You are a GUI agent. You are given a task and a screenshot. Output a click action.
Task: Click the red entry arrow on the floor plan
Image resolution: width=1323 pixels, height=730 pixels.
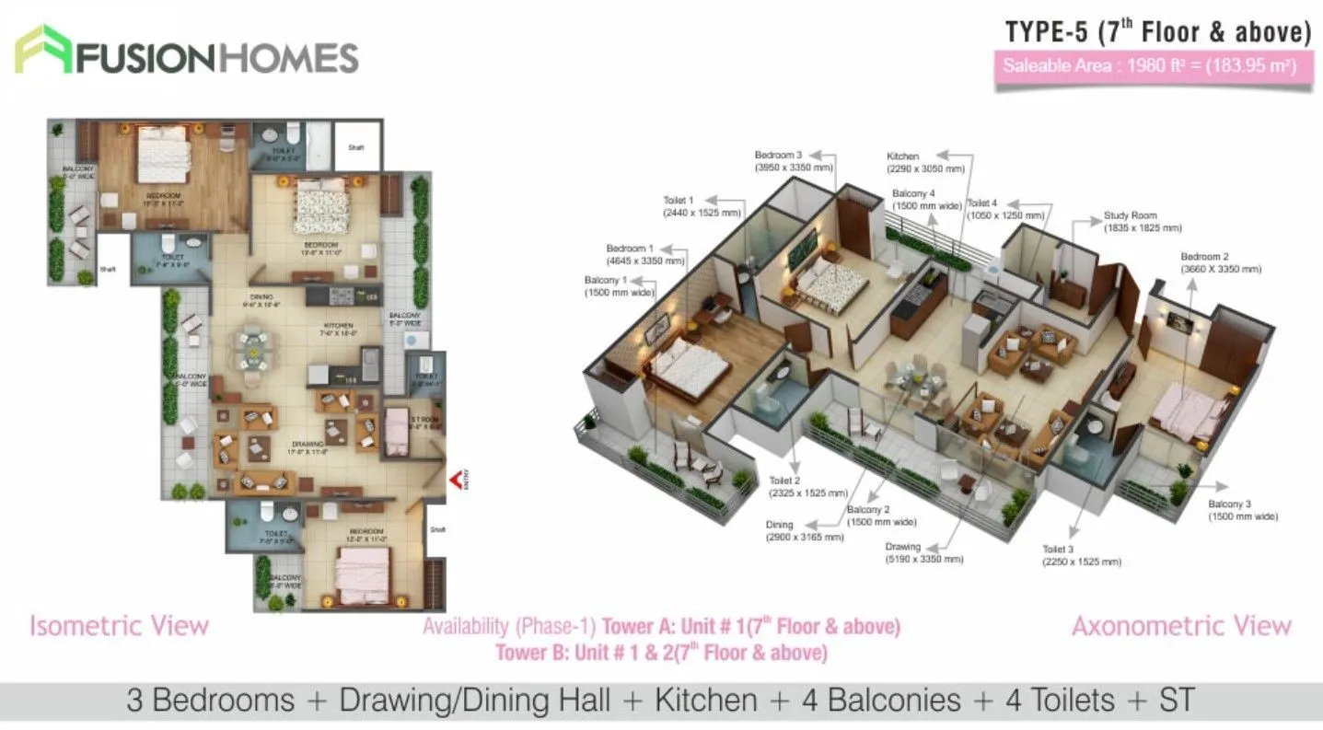[454, 480]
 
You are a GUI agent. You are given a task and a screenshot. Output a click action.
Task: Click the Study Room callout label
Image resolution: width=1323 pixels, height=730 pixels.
[1142, 222]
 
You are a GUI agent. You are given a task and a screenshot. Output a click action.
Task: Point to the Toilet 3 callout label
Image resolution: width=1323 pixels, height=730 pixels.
[1081, 554]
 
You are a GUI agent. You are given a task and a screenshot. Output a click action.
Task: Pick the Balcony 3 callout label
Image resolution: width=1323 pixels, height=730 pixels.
[1242, 510]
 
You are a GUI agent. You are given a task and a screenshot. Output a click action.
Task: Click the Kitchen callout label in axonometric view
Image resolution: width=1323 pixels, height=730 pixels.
[925, 162]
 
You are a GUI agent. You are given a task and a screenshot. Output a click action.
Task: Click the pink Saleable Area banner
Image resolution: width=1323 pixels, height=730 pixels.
[1153, 66]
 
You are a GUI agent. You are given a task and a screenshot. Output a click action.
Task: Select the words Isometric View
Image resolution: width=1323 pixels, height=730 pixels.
[119, 626]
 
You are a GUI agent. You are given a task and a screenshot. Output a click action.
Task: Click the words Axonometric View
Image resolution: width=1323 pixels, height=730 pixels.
[1181, 626]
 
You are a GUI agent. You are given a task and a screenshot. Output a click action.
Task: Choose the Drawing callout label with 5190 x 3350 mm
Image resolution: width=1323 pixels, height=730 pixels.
[923, 552]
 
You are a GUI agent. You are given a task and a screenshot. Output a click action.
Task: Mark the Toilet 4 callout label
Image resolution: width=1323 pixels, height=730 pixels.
[1004, 209]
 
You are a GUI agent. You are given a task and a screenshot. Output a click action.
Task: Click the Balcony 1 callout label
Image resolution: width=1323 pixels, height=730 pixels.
[618, 285]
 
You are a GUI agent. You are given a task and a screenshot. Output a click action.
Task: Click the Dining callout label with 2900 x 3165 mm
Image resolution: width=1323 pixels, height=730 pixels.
[804, 530]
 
